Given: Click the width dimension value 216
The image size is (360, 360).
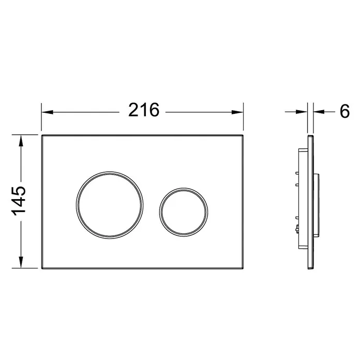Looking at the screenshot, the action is tap(144, 110).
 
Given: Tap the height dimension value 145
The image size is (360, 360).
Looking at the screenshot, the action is tap(19, 201).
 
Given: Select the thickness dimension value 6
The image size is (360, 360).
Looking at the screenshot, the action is tap(344, 111).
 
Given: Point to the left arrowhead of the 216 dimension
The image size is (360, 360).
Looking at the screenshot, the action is tap(47, 112).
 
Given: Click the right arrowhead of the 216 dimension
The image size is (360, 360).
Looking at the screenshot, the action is tap(237, 112).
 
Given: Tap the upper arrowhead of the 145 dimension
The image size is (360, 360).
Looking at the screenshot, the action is tap(21, 141).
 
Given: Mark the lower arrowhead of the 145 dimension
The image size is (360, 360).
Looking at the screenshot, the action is tap(21, 262).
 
